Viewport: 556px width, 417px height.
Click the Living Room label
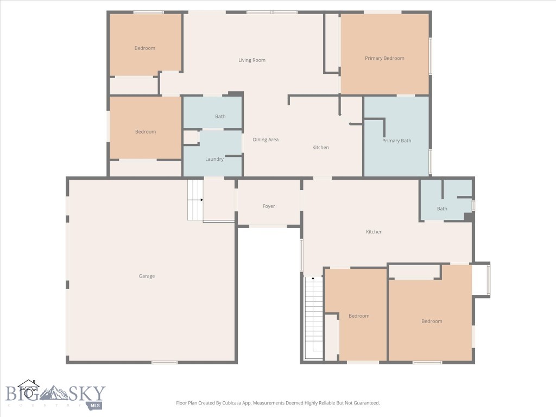pyautogui.click(x=252, y=60)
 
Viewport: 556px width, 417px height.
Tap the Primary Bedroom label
pyautogui.click(x=384, y=58)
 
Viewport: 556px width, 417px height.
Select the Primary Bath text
pyautogui.click(x=396, y=141)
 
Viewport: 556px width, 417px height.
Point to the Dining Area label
pyautogui.click(x=266, y=140)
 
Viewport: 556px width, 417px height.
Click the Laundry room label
pyautogui.click(x=214, y=159)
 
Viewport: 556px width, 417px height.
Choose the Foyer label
pyautogui.click(x=269, y=206)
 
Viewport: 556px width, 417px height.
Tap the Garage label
pyautogui.click(x=147, y=276)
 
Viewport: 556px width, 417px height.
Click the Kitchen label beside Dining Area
pyautogui.click(x=320, y=147)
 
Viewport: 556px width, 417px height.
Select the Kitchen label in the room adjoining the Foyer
pyautogui.click(x=374, y=232)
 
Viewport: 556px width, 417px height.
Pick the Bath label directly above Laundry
pyautogui.click(x=220, y=116)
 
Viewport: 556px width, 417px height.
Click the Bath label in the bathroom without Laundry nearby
pyautogui.click(x=442, y=208)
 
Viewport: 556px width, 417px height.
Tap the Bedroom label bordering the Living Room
pyautogui.click(x=145, y=48)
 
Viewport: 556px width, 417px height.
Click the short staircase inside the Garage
pyautogui.click(x=195, y=200)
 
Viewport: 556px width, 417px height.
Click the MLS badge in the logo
pyautogui.click(x=96, y=405)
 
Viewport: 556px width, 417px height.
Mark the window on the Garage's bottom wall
pyautogui.click(x=165, y=362)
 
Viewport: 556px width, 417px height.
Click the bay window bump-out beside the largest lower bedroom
pyautogui.click(x=482, y=280)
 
